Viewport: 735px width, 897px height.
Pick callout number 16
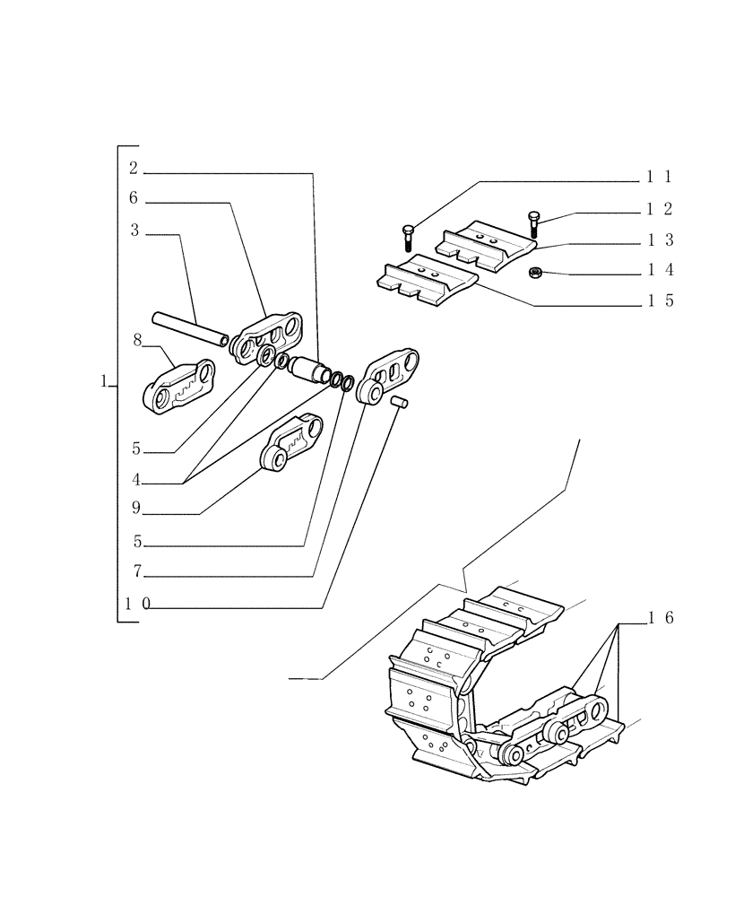pos(661,617)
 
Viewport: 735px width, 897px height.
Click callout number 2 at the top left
pos(133,168)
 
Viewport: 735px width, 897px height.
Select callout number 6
pos(133,198)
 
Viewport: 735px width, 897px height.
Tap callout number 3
pos(134,231)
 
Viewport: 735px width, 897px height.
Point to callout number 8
pos(137,339)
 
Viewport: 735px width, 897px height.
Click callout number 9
pos(135,509)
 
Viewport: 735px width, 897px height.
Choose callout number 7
pos(136,570)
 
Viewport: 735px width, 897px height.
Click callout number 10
pos(137,604)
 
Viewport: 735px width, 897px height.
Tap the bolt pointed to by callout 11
pos(407,235)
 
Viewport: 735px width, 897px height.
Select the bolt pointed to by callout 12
pos(534,222)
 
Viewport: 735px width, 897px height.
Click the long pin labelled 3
pos(189,327)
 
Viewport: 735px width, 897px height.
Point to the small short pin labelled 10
pos(400,403)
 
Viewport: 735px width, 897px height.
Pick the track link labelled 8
pos(178,387)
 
